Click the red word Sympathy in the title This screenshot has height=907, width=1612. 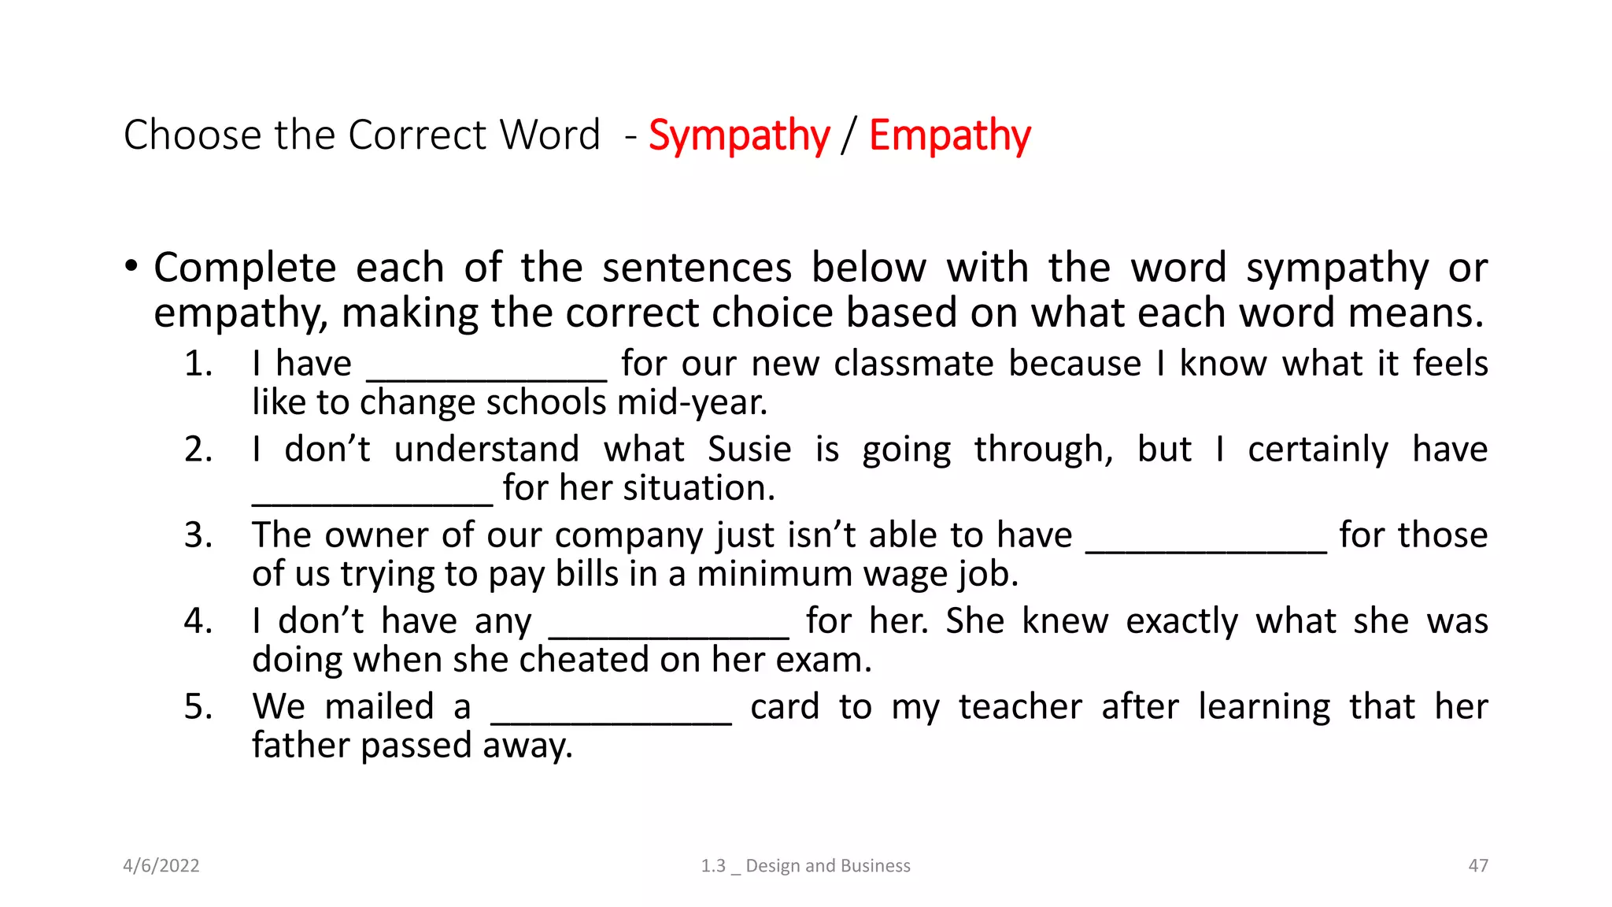[738, 135]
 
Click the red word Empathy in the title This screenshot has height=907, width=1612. [949, 135]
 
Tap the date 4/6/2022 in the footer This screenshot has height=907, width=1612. [161, 865]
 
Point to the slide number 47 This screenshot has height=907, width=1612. [1478, 865]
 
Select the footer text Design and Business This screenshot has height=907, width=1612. [827, 865]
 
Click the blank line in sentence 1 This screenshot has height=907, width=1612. [486, 379]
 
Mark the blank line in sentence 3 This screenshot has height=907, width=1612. [1206, 550]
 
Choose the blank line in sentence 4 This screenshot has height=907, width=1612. [668, 636]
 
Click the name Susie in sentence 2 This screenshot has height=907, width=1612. [749, 450]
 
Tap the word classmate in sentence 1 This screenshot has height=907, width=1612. [908, 364]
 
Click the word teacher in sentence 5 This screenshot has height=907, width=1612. [1020, 706]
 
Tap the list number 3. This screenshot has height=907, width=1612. [198, 535]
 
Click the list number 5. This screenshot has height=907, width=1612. [198, 707]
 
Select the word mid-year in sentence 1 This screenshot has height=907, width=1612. [692, 403]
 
